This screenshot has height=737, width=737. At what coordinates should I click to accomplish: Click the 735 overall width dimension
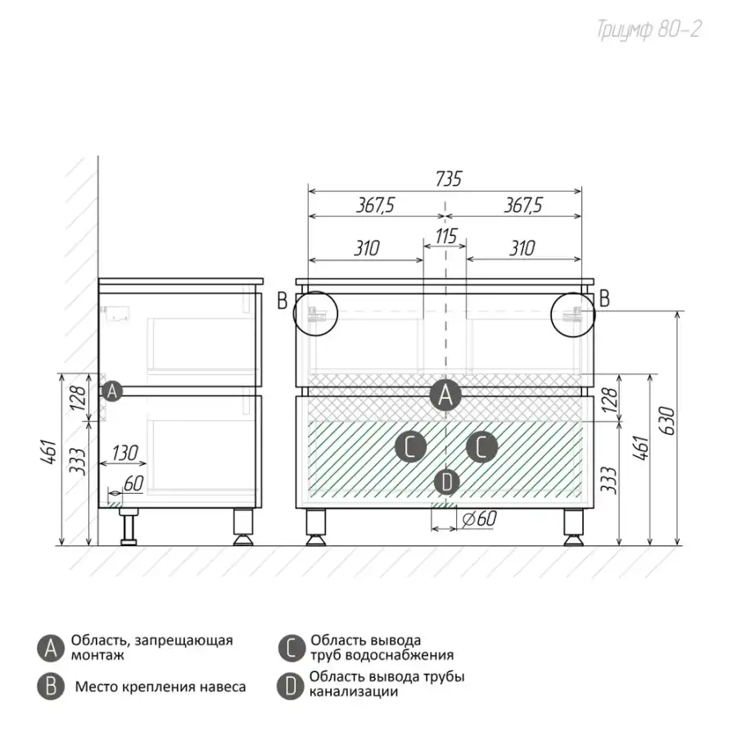449,179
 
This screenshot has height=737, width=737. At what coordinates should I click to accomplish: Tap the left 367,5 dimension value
375,206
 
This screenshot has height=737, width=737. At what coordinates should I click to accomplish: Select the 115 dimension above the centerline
445,236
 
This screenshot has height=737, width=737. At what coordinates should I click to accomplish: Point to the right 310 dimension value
522,248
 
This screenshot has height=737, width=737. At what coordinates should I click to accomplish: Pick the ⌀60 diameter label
479,519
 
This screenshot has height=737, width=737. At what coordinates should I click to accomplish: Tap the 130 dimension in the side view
124,453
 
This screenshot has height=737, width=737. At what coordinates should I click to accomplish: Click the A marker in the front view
445,395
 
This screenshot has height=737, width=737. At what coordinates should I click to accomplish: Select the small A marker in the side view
112,391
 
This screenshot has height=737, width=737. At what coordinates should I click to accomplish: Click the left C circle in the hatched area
410,446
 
